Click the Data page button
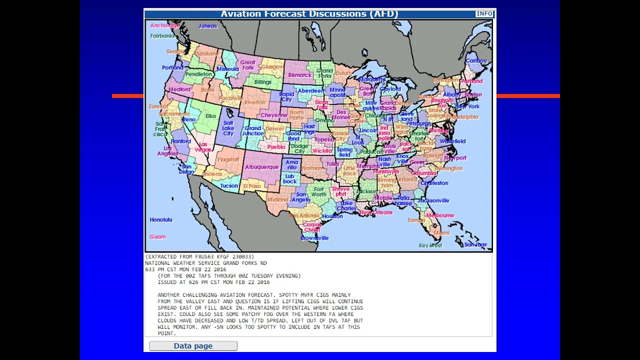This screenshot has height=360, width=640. [193, 346]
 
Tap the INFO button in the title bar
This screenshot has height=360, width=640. [483, 13]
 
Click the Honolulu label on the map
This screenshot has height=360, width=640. [161, 219]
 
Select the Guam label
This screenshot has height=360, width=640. [157, 236]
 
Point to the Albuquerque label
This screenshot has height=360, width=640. [261, 167]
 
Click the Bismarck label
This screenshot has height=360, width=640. [299, 75]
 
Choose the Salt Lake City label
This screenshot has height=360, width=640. [228, 128]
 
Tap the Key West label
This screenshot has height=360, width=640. [430, 245]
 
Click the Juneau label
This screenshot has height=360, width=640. [208, 26]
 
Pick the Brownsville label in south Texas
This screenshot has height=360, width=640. [314, 238]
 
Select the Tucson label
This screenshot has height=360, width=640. [229, 185]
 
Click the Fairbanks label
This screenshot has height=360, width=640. [162, 36]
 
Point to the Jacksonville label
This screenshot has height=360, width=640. [433, 200]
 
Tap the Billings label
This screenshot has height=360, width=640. [262, 82]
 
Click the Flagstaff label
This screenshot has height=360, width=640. [228, 159]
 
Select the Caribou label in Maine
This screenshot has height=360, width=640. [475, 61]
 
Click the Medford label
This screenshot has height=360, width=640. [179, 89]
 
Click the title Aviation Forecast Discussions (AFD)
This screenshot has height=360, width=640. [309, 13]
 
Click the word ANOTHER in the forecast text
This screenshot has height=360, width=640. [168, 295]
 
